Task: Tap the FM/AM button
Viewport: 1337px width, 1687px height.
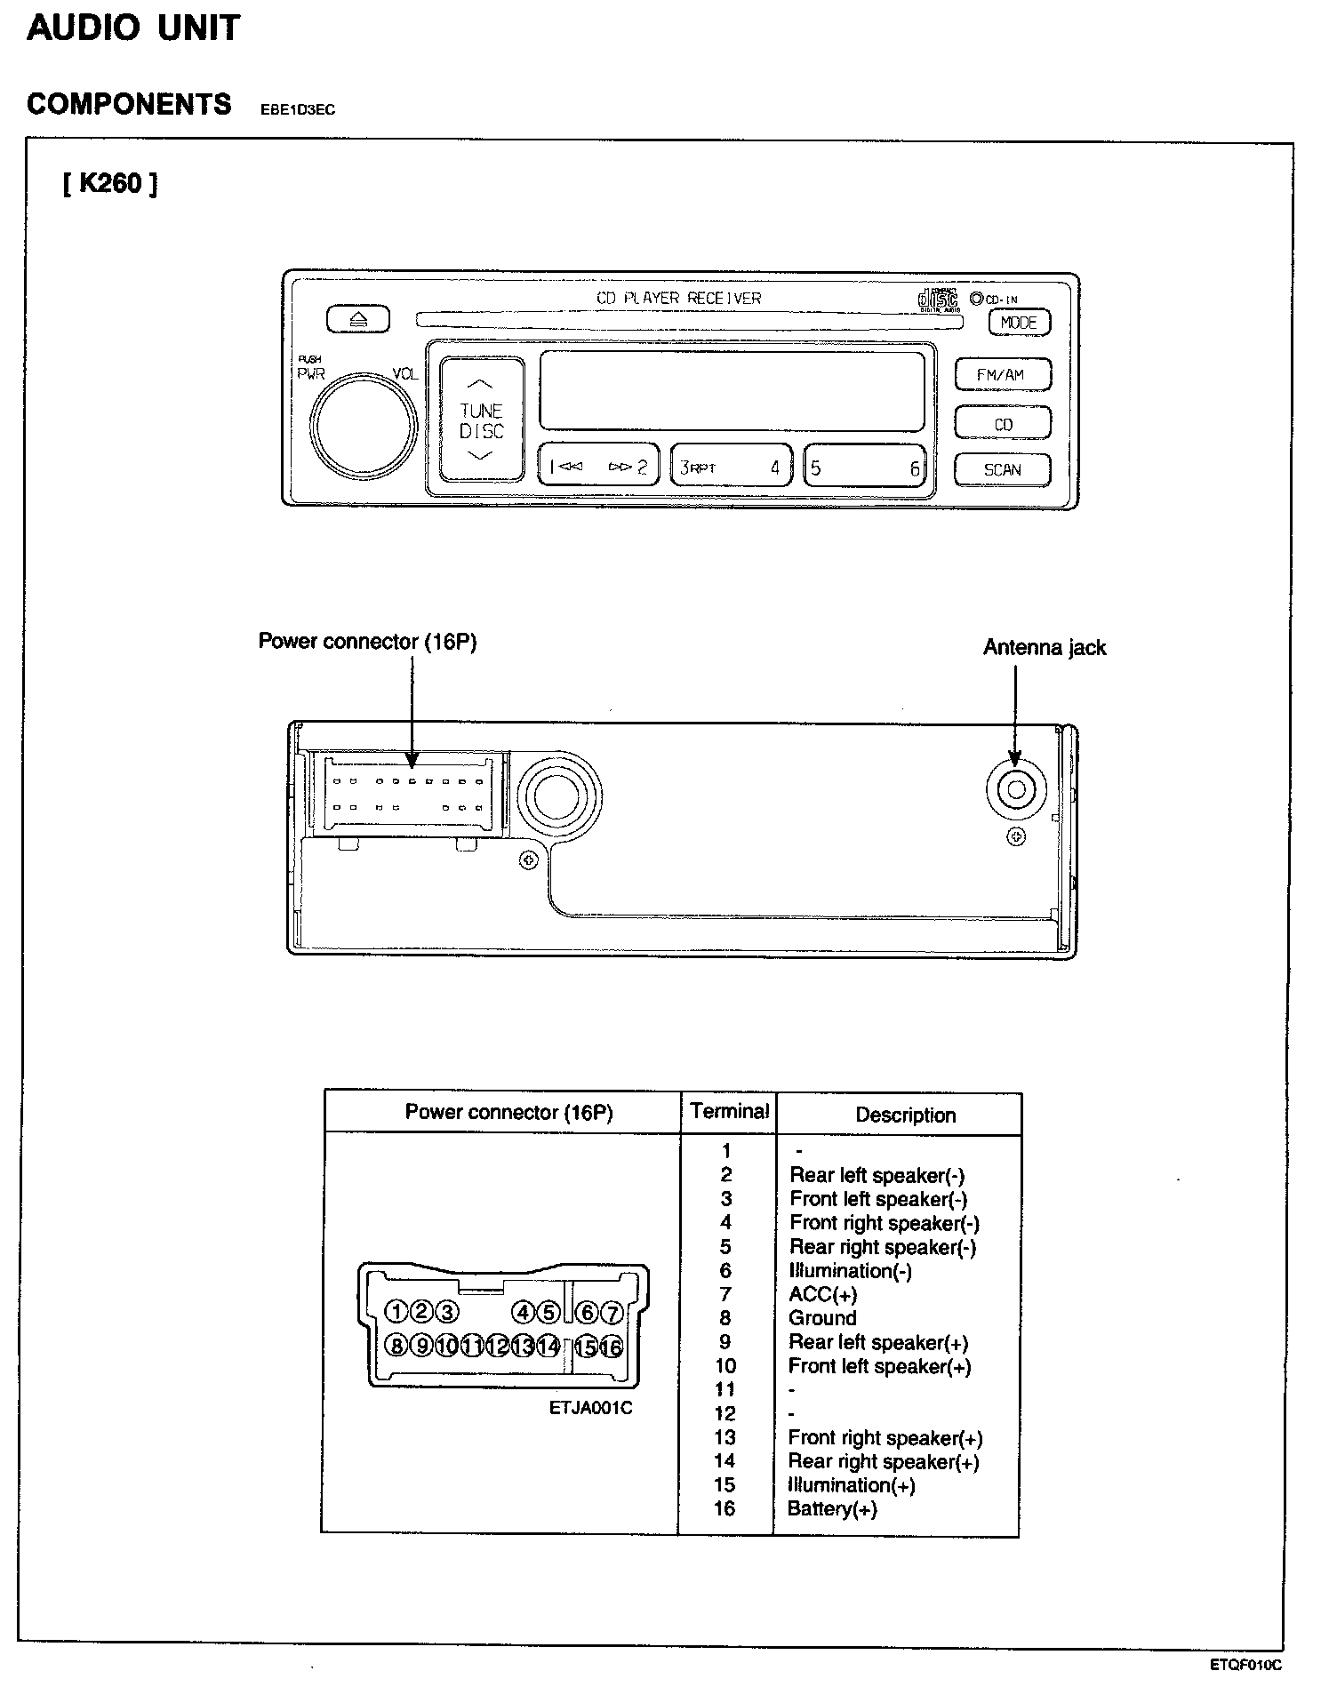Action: click(x=1002, y=375)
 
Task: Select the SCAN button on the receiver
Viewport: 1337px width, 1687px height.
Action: click(x=1002, y=470)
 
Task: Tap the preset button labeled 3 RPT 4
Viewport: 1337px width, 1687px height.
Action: click(x=730, y=467)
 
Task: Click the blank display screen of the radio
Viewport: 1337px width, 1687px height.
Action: click(x=731, y=391)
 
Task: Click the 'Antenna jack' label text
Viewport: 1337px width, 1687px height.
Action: click(x=1044, y=648)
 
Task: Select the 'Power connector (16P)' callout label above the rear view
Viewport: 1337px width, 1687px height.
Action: click(x=367, y=642)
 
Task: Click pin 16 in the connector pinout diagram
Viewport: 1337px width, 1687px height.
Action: click(x=612, y=1347)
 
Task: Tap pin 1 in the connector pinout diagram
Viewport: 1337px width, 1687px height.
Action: click(x=396, y=1312)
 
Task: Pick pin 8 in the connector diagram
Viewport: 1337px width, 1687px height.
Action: click(x=396, y=1346)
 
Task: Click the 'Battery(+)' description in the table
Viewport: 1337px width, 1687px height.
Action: click(x=832, y=1509)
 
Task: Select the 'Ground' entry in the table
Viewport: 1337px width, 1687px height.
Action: click(x=822, y=1318)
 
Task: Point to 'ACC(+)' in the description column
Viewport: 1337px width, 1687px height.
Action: click(x=822, y=1294)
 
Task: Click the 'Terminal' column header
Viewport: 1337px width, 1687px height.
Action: click(x=729, y=1112)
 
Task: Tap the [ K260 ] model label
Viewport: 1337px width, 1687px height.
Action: click(x=110, y=184)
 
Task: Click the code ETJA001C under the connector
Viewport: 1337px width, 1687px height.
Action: click(x=590, y=1409)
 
